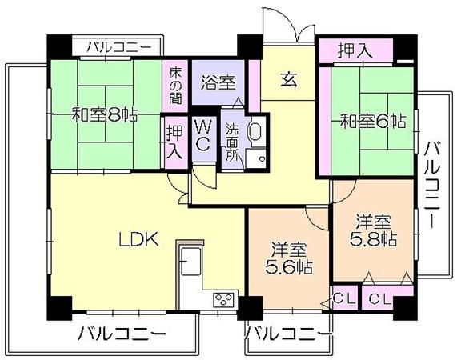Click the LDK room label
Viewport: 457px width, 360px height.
pyautogui.click(x=138, y=239)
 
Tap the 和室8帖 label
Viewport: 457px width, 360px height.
pyautogui.click(x=105, y=114)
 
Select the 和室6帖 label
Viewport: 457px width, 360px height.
pyautogui.click(x=374, y=121)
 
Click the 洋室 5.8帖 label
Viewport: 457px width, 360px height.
pyautogui.click(x=373, y=230)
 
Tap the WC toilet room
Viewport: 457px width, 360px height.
pyautogui.click(x=204, y=135)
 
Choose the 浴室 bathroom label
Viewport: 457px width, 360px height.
pyautogui.click(x=218, y=82)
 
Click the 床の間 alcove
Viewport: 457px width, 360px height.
pyautogui.click(x=175, y=86)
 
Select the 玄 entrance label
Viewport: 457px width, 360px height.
pyautogui.click(x=289, y=79)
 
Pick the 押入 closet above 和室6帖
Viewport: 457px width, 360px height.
pyautogui.click(x=355, y=50)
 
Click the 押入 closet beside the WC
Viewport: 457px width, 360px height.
pyautogui.click(x=174, y=142)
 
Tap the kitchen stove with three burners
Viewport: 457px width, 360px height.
pyautogui.click(x=224, y=299)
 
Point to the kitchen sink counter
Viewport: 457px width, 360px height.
pyautogui.click(x=191, y=262)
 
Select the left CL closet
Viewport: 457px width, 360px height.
pyautogui.click(x=344, y=298)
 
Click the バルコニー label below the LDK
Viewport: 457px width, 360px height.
pyautogui.click(x=122, y=334)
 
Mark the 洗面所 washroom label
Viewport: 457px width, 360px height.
pyautogui.click(x=233, y=142)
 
